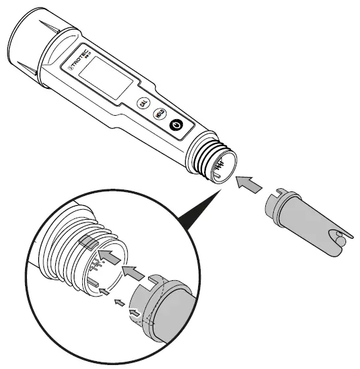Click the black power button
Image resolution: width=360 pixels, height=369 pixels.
[176, 126]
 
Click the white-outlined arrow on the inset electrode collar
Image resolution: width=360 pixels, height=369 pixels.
[134, 314]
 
